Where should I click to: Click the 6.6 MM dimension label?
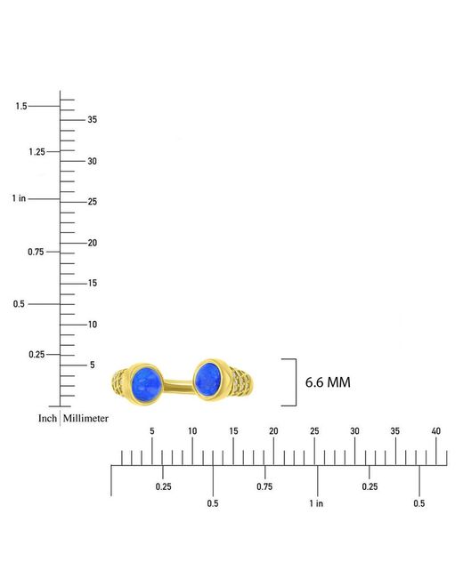click(x=328, y=382)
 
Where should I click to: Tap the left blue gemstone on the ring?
click(x=147, y=384)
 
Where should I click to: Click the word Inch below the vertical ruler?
click(x=47, y=419)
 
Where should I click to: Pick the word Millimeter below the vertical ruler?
click(x=85, y=419)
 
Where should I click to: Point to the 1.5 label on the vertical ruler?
click(x=21, y=106)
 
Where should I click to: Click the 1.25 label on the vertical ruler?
click(x=37, y=151)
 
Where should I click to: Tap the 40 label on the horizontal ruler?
click(x=436, y=431)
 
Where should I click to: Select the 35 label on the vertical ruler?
click(x=93, y=119)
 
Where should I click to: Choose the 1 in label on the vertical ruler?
click(x=19, y=198)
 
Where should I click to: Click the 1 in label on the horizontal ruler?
click(x=316, y=503)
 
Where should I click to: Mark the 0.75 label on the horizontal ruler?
click(x=264, y=486)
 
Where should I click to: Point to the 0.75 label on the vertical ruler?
click(x=36, y=252)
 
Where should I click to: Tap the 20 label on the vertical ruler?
click(x=93, y=243)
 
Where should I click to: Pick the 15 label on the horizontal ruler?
click(x=233, y=431)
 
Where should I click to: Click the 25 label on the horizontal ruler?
click(x=314, y=431)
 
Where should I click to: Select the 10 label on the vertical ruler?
click(x=93, y=325)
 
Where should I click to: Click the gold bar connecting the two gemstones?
click(x=178, y=386)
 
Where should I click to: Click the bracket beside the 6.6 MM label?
click(x=296, y=382)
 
